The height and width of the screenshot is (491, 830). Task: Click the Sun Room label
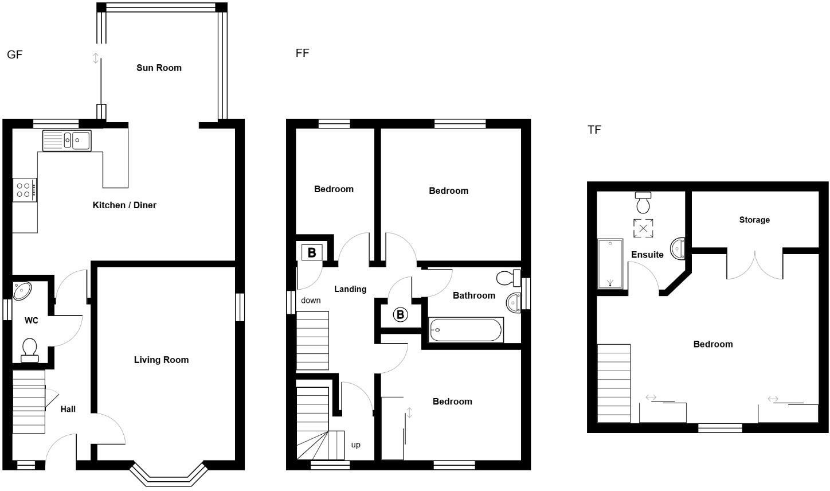pyautogui.click(x=159, y=68)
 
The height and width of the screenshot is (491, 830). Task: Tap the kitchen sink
pyautogui.click(x=66, y=140)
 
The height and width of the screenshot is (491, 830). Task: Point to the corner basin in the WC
pyautogui.click(x=23, y=290)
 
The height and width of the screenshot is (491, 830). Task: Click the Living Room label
pyautogui.click(x=161, y=360)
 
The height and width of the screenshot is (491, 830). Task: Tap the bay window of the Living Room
pyautogui.click(x=168, y=474)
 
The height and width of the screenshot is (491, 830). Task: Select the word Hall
pyautogui.click(x=68, y=410)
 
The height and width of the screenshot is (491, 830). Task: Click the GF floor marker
pyautogui.click(x=14, y=55)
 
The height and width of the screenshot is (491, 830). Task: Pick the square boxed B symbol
pyautogui.click(x=312, y=252)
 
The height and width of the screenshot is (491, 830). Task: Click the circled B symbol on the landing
pyautogui.click(x=400, y=314)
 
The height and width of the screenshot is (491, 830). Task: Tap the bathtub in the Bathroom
pyautogui.click(x=465, y=330)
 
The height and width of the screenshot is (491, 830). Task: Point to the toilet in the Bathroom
pyautogui.click(x=508, y=278)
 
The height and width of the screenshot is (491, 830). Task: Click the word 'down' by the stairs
pyautogui.click(x=311, y=301)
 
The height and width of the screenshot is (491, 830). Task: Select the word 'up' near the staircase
pyautogui.click(x=355, y=445)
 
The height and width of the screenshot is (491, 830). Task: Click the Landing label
pyautogui.click(x=350, y=289)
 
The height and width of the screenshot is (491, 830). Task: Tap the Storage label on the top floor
pyautogui.click(x=754, y=220)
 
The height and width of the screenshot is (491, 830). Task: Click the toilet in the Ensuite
pyautogui.click(x=644, y=202)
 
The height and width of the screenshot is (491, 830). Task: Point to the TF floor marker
pyautogui.click(x=594, y=130)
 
